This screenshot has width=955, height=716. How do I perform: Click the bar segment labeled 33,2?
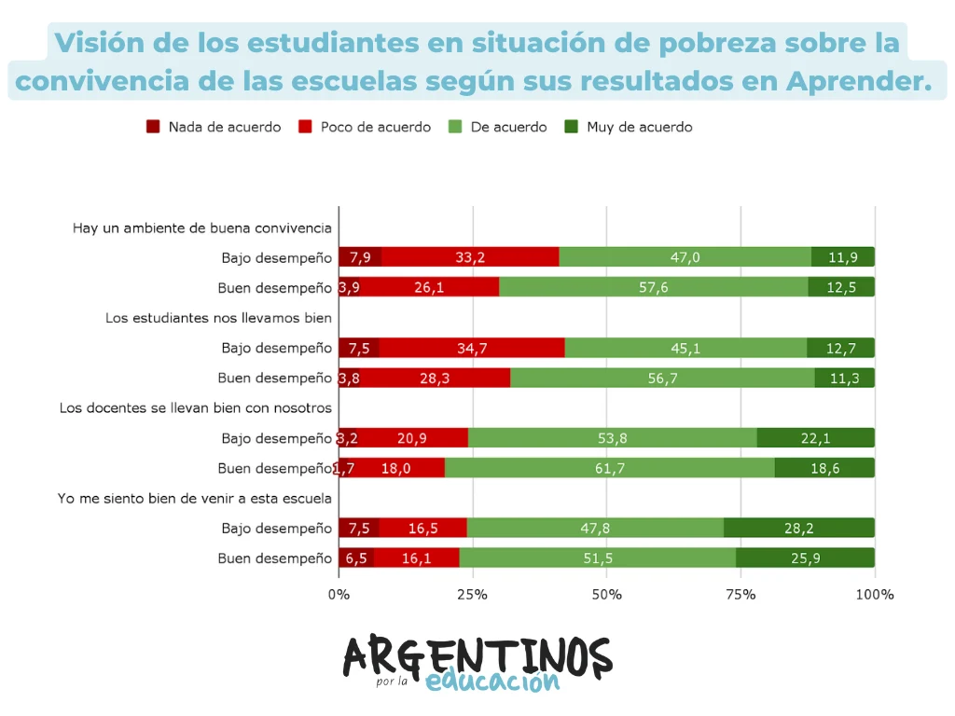[x=470, y=257]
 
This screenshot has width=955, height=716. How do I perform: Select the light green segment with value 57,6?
[x=653, y=287]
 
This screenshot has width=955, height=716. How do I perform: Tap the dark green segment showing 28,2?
[x=798, y=528]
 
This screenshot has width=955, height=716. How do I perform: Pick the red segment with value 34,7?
[x=471, y=348]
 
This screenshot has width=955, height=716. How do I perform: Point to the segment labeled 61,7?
[x=609, y=468]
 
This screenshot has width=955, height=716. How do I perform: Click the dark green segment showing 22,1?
[x=815, y=438]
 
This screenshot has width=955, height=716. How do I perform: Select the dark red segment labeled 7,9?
[x=360, y=257]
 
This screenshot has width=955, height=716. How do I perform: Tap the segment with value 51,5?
[x=597, y=558]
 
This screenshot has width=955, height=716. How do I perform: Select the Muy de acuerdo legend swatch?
[x=571, y=127]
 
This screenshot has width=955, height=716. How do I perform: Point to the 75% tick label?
[x=740, y=595]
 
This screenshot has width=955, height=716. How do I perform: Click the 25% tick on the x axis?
[x=473, y=595]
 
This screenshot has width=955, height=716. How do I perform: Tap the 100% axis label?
[x=875, y=595]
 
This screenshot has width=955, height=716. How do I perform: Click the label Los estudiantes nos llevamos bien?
[x=218, y=318]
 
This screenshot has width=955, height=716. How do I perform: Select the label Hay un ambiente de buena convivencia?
[x=201, y=227]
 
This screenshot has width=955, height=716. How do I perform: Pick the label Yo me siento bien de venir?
[x=195, y=499]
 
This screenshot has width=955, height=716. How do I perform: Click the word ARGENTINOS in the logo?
[x=477, y=656]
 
